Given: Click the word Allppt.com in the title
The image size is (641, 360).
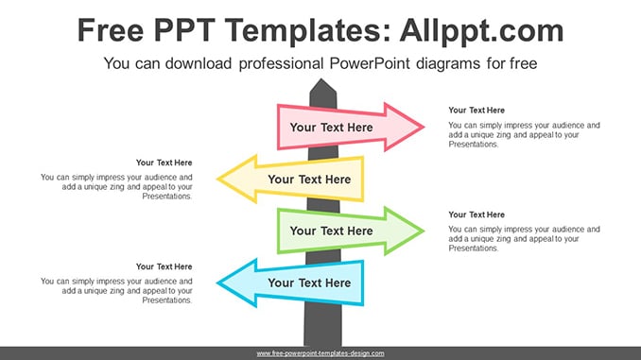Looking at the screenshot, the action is [481, 31].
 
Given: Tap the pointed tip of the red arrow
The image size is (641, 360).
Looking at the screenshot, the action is [424, 127].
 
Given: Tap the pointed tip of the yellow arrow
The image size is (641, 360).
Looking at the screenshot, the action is [217, 179].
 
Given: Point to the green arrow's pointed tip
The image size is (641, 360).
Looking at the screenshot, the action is [424, 231].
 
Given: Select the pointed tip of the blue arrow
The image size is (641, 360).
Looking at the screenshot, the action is [217, 283].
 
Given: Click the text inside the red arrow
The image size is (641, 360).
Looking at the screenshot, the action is [331, 128].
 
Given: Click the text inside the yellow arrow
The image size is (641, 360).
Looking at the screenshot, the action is [309, 180].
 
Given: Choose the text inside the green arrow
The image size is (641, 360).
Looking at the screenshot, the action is [331, 231].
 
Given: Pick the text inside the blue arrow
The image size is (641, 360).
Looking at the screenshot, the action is [309, 283].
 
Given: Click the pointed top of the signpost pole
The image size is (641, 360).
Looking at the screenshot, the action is [321, 79].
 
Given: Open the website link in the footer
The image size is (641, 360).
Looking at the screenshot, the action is [320, 353].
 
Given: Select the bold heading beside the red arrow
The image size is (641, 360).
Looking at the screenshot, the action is [476, 111].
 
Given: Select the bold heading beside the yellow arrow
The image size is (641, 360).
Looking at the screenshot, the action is [164, 163].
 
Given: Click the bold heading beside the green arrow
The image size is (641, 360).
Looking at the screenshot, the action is [476, 214].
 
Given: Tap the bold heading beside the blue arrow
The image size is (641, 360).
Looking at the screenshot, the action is [164, 266].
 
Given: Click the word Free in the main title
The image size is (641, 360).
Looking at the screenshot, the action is [111, 30].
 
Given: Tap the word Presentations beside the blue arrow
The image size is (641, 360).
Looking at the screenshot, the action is [167, 300].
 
